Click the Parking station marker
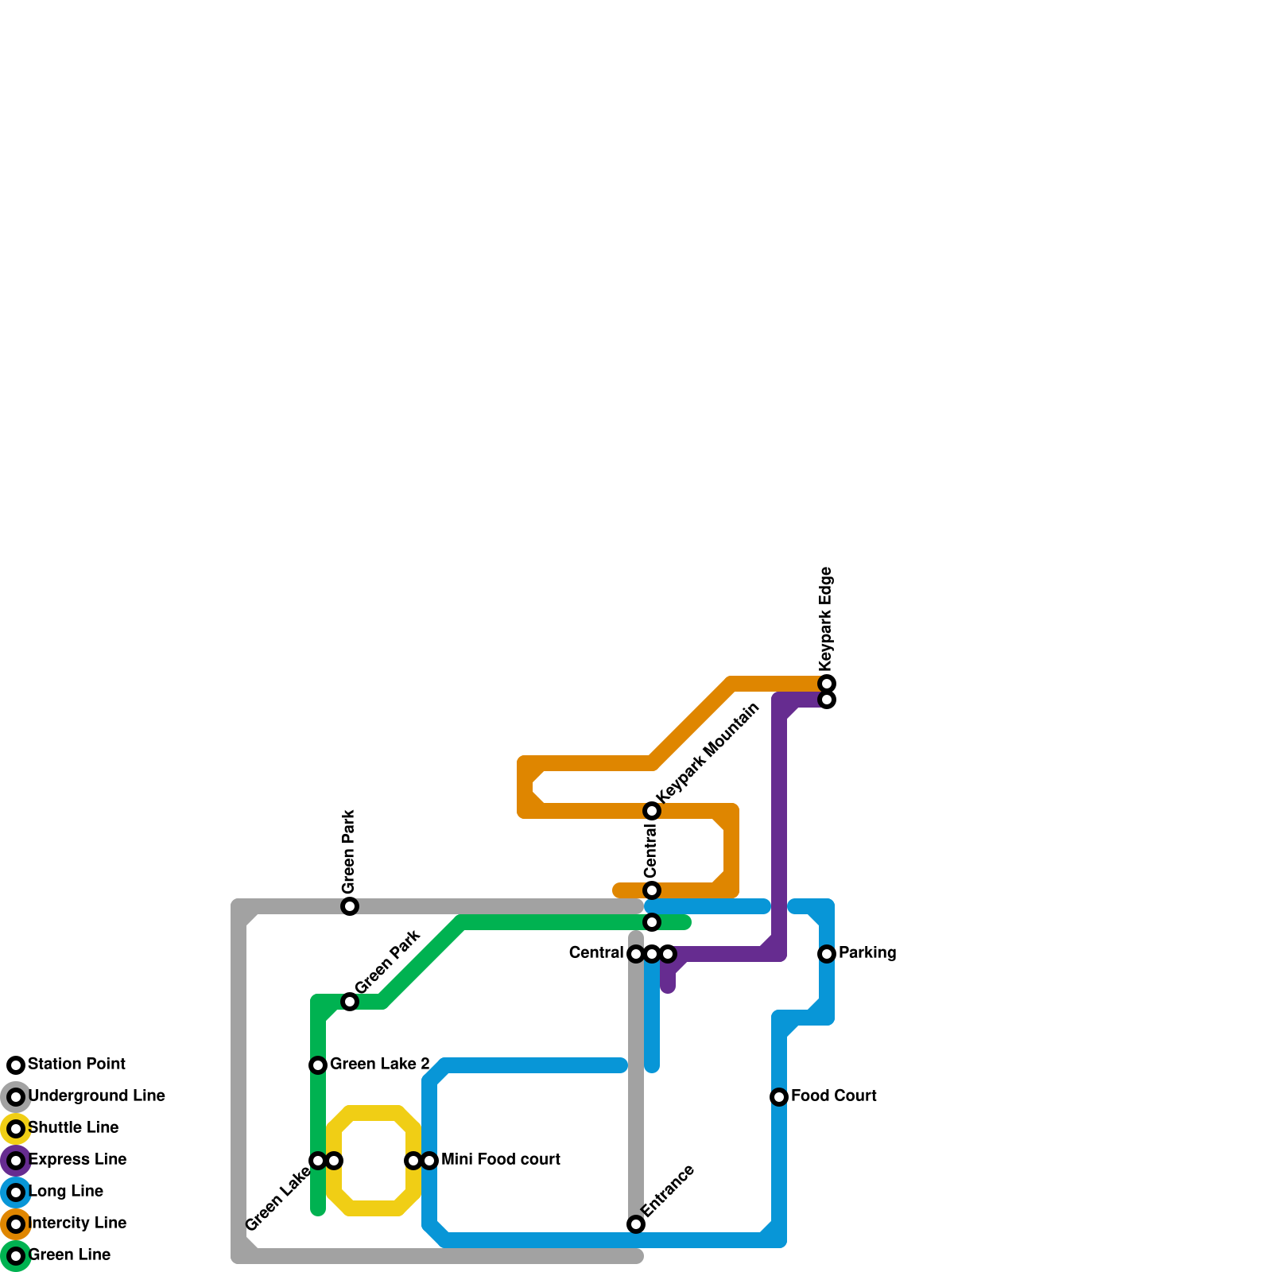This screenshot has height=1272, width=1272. tap(827, 954)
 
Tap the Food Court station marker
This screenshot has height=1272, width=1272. tap(779, 1097)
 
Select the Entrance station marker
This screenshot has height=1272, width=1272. tap(636, 1224)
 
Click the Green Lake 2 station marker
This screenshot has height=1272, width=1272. tap(318, 1065)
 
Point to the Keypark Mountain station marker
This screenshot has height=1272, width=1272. tap(652, 811)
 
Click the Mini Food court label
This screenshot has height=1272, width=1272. tap(500, 1160)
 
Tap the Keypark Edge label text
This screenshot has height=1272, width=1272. tap(826, 617)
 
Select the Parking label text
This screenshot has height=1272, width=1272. tap(867, 953)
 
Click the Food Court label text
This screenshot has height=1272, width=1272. tap(833, 1096)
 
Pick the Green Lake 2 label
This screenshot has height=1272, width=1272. tap(379, 1065)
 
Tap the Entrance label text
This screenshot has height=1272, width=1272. tap(669, 1190)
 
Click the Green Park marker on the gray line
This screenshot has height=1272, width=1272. tap(350, 906)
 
